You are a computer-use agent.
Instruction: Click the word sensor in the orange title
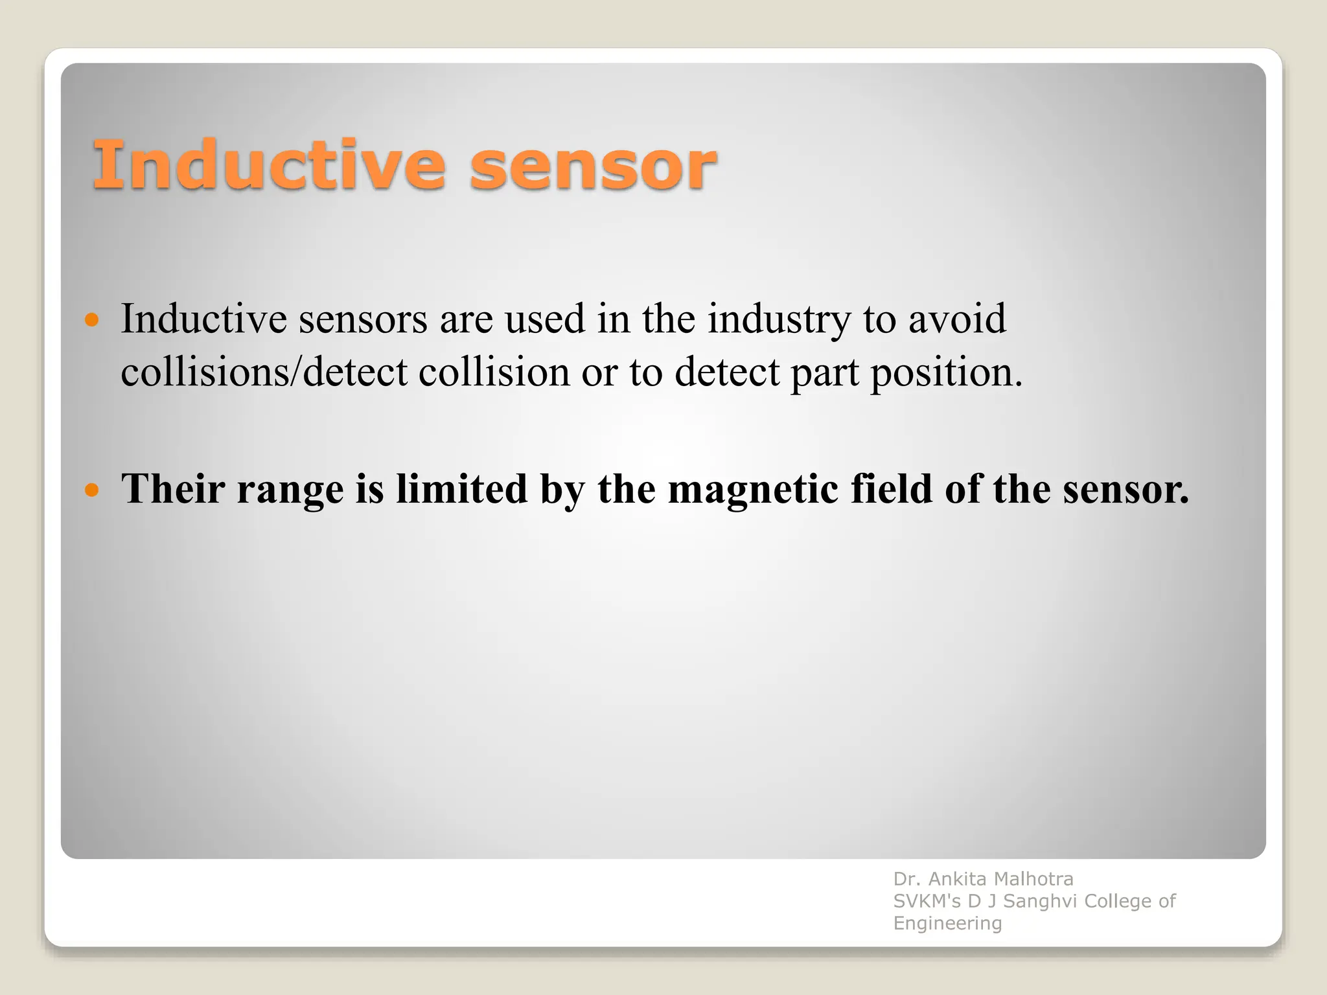coord(593,167)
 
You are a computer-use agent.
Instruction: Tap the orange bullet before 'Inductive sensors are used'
coord(92,319)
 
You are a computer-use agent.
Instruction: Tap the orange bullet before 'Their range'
coord(92,489)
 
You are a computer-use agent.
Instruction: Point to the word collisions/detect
coord(264,372)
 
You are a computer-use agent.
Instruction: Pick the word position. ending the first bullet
coord(946,374)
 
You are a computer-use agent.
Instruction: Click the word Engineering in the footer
coord(947,923)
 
